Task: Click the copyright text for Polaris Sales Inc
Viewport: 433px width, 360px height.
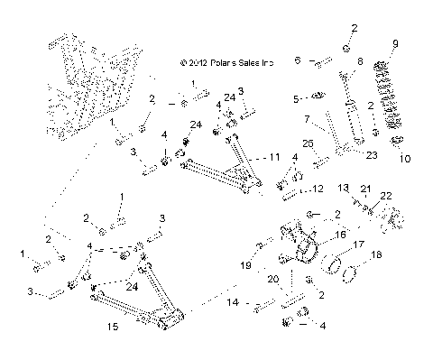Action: (x=226, y=63)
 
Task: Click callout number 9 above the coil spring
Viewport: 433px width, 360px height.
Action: (x=393, y=43)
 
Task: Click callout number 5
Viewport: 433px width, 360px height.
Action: (x=294, y=97)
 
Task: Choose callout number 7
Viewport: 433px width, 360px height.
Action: (x=307, y=118)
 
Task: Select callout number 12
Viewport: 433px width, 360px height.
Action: (x=317, y=189)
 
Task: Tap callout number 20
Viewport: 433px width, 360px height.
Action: (x=272, y=280)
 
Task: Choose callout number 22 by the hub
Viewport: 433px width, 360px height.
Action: (x=386, y=196)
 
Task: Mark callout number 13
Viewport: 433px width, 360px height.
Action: (x=344, y=187)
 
